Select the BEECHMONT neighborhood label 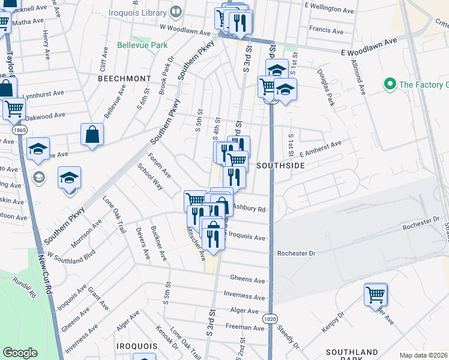pyautogui.click(x=124, y=79)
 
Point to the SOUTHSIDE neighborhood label pyautogui.click(x=277, y=165)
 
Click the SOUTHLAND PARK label pyautogui.click(x=352, y=353)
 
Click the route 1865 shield pyautogui.click(x=19, y=130)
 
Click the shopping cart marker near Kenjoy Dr pyautogui.click(x=376, y=295)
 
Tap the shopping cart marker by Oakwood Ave pyautogui.click(x=14, y=109)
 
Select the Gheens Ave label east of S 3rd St pyautogui.click(x=247, y=280)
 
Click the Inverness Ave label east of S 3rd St pyautogui.click(x=244, y=296)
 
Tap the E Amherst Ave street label pyautogui.click(x=321, y=148)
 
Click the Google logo pyautogui.click(x=20, y=353)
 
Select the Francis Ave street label pyautogui.click(x=326, y=30)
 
